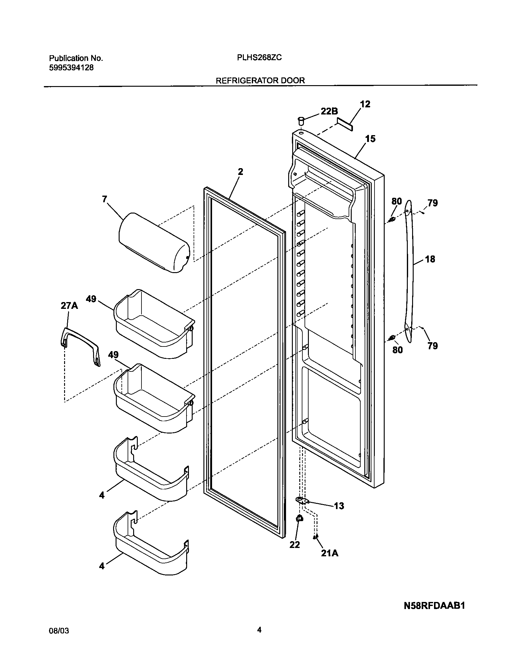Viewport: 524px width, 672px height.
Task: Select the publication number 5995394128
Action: (71, 68)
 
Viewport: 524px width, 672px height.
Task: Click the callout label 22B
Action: (329, 111)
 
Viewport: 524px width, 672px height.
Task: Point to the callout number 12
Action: (365, 104)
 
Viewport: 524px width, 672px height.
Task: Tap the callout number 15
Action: (370, 139)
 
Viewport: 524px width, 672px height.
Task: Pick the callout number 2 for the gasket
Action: (240, 172)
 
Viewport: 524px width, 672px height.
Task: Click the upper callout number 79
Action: (432, 203)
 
